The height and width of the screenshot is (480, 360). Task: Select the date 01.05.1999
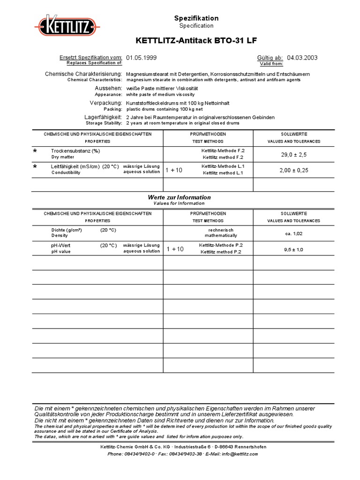coord(142,58)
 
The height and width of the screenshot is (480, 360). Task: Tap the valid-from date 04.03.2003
coord(302,58)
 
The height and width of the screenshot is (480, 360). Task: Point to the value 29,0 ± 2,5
coord(294,154)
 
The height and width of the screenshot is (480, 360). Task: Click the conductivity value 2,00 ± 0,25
coord(294,170)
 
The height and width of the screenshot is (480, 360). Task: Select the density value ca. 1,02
coord(294,233)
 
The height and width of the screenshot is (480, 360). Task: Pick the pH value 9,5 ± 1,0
coord(294,249)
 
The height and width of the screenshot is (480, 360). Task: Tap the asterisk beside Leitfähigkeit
coord(35,167)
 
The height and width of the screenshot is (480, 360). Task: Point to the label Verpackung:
coord(106,102)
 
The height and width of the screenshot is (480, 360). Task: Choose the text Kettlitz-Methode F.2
coord(219,150)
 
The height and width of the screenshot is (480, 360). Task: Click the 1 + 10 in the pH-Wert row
coord(174,249)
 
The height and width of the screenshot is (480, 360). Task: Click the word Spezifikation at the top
coord(196,18)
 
